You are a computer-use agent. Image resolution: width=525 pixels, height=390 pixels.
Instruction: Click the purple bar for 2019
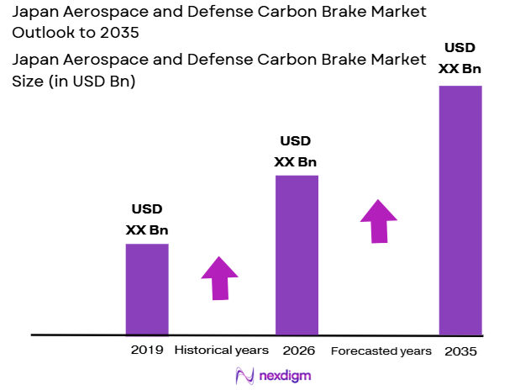147,289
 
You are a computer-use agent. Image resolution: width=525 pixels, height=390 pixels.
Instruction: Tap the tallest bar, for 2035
460,210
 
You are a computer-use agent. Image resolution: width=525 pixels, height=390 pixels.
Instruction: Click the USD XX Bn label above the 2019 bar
147,219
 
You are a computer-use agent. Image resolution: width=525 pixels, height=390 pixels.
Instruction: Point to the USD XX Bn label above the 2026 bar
296,151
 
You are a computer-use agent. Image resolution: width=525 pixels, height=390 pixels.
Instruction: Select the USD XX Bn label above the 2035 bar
460,59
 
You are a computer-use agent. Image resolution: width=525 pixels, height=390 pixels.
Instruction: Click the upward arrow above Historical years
219,277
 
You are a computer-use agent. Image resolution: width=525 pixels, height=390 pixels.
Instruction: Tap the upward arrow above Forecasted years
379,221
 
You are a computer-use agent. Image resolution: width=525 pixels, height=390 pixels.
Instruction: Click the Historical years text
221,350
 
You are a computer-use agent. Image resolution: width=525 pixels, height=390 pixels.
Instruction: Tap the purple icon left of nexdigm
245,375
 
